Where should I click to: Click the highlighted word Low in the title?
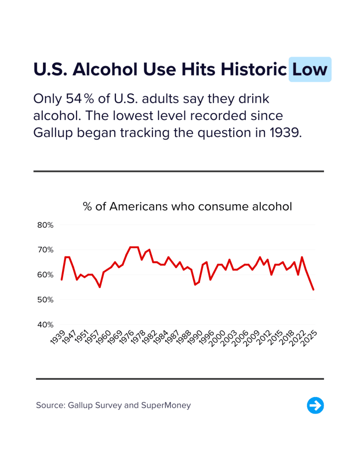[310, 69]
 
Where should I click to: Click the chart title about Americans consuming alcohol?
[187, 206]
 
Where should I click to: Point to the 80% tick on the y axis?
[45, 225]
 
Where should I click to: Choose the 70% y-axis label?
[45, 250]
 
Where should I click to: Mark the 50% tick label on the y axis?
[45, 300]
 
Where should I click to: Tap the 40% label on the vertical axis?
[45, 325]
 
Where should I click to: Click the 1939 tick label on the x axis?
[58, 337]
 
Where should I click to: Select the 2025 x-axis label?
[310, 337]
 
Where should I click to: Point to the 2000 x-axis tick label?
[218, 337]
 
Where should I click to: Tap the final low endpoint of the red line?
[313, 290]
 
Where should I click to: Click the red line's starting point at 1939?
[62, 279]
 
